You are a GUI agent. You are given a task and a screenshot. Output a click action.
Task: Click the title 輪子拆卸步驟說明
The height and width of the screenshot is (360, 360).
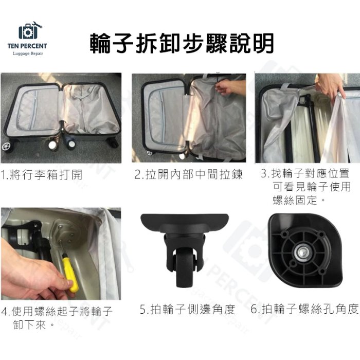click(x=181, y=43)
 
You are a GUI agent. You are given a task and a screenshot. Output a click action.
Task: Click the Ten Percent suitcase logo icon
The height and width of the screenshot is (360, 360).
click(x=30, y=32)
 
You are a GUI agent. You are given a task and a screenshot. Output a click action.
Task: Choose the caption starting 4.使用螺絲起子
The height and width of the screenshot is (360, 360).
click(x=57, y=317)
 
